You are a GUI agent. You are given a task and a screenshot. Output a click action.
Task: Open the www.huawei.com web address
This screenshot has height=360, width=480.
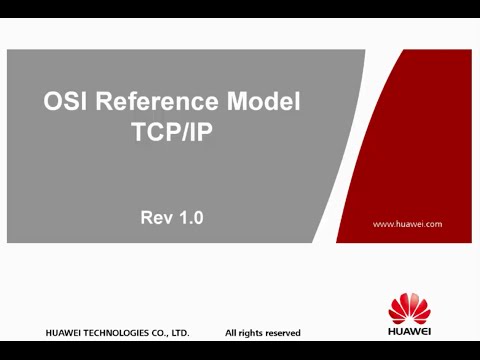point(407,224)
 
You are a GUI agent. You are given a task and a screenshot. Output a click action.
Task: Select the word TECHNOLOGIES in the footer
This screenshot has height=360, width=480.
point(118,332)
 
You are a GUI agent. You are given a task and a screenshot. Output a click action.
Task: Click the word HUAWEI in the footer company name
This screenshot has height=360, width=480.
point(64,332)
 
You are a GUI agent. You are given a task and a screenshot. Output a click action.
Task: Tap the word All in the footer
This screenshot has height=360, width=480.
point(230,332)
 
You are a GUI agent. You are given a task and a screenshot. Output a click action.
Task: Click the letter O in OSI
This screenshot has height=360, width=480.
point(52,102)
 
